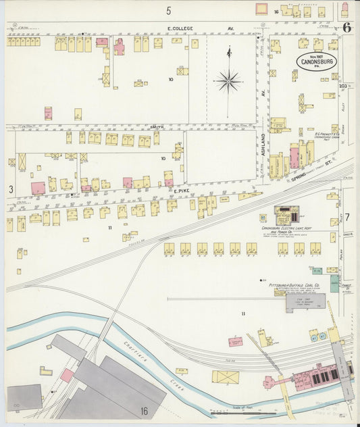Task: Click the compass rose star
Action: (x=228, y=82)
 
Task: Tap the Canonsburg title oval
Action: (x=316, y=61)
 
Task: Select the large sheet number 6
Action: (x=346, y=28)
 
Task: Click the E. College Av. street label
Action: (x=180, y=28)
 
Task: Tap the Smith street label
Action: (x=157, y=126)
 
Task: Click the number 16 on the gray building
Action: (x=144, y=410)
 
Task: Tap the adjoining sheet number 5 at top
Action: (x=169, y=10)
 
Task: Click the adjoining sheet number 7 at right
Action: (x=348, y=217)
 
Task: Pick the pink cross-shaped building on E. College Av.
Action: (x=119, y=47)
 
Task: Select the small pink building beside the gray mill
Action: (x=67, y=375)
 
